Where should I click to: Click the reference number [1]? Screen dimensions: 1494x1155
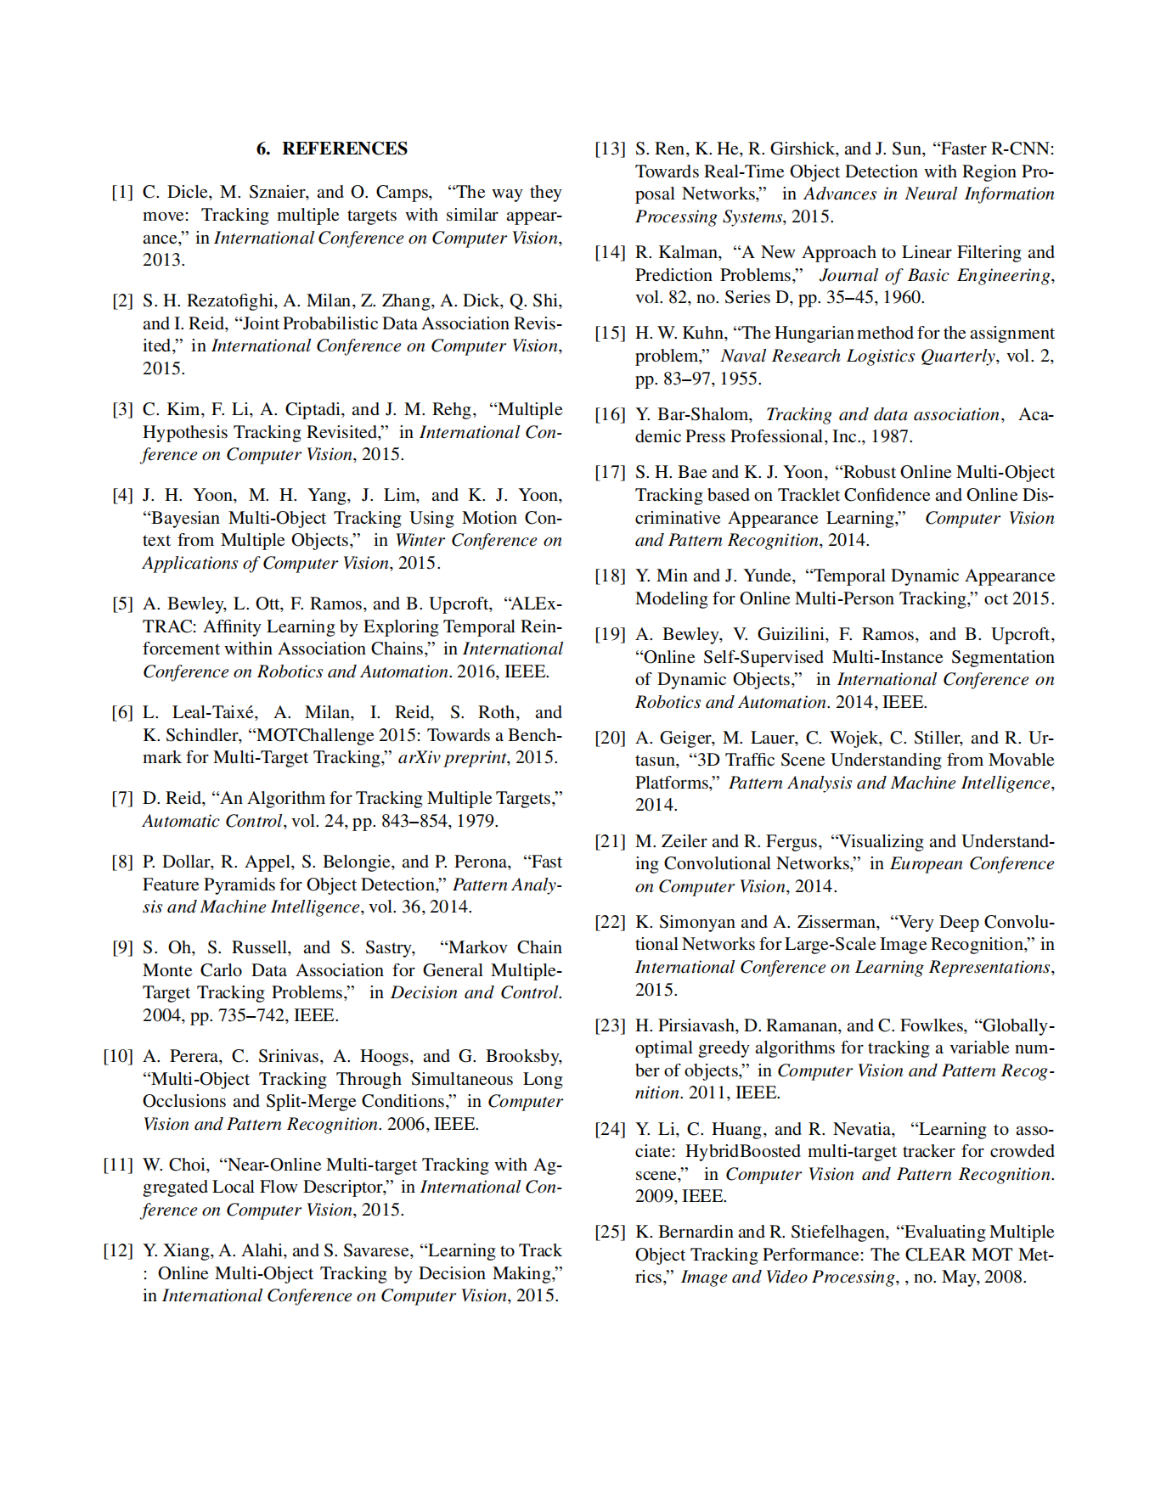pos(122,193)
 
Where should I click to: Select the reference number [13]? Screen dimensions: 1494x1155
pos(610,149)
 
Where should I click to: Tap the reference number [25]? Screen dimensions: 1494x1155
pos(610,1233)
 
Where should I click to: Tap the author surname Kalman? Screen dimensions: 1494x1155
pos(689,253)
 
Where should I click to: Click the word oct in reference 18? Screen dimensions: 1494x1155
pos(995,599)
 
